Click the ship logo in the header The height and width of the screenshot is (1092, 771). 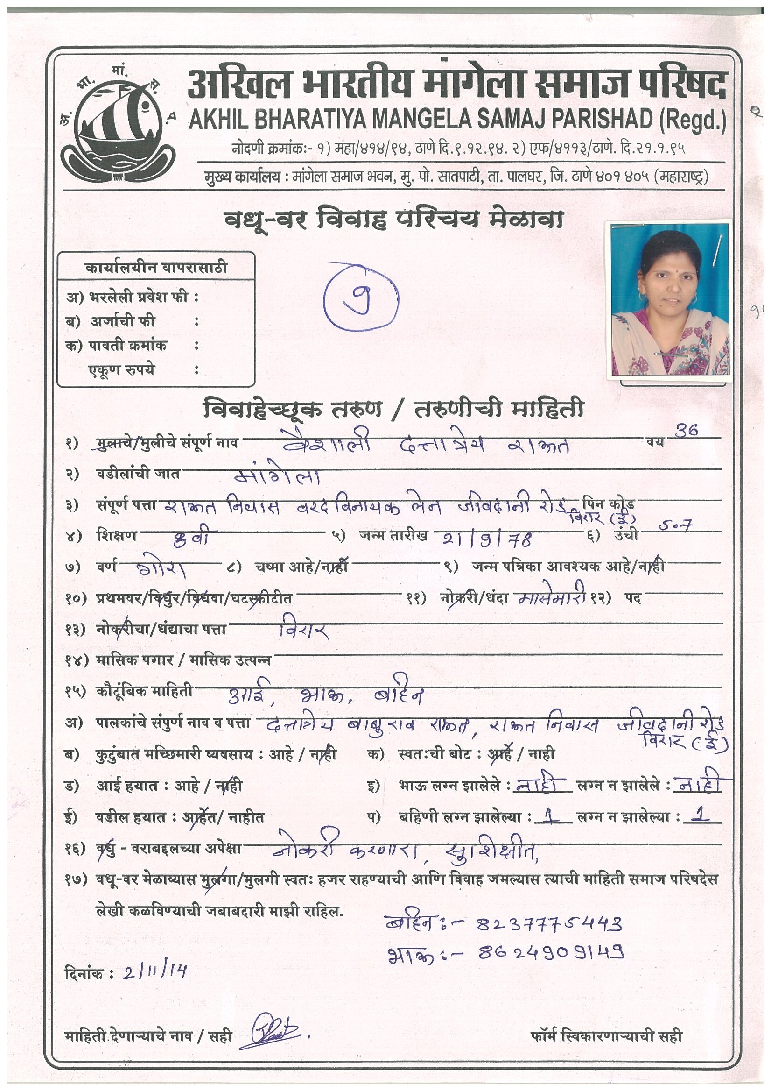(x=118, y=125)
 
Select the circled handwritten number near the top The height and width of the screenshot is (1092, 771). (x=361, y=298)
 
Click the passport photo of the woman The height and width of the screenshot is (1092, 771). (x=669, y=299)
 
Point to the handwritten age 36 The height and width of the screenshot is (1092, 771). (x=687, y=431)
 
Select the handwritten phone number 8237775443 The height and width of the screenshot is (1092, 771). (x=549, y=924)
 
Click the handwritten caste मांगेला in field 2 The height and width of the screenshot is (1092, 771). (x=279, y=475)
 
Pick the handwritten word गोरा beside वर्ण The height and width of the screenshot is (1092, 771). (x=161, y=568)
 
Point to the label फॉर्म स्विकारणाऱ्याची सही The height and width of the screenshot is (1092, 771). (x=607, y=1035)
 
